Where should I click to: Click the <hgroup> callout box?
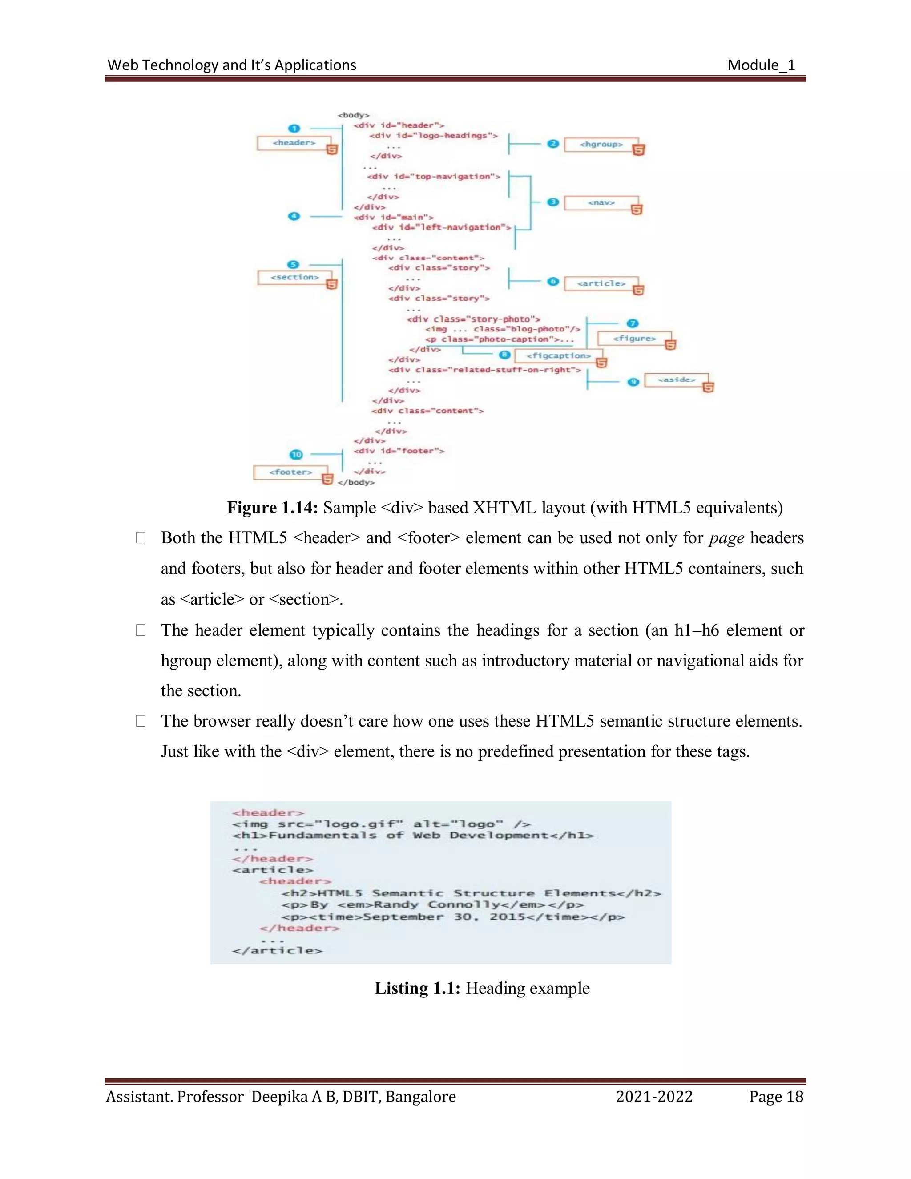[x=601, y=145]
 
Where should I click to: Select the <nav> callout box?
[x=601, y=203]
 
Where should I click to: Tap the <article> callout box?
[x=601, y=283]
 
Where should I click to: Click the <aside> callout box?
[x=676, y=380]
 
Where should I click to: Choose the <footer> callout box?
[x=290, y=472]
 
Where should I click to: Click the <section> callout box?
[x=294, y=278]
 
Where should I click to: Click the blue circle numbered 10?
[x=296, y=455]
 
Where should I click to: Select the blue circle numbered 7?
[x=633, y=323]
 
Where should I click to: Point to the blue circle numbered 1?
[x=294, y=129]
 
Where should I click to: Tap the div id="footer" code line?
[x=399, y=451]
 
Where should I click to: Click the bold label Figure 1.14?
[x=272, y=508]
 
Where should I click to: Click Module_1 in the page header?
[x=761, y=65]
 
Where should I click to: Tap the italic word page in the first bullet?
[x=726, y=538]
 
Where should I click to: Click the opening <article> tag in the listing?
[x=273, y=870]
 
